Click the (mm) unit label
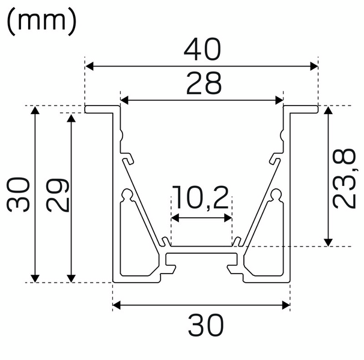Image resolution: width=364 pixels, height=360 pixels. (x=42, y=22)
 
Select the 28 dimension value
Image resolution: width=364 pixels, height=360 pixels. (x=201, y=84)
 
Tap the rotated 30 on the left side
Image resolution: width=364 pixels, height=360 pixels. (x=19, y=194)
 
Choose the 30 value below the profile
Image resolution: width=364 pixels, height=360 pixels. (x=201, y=326)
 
